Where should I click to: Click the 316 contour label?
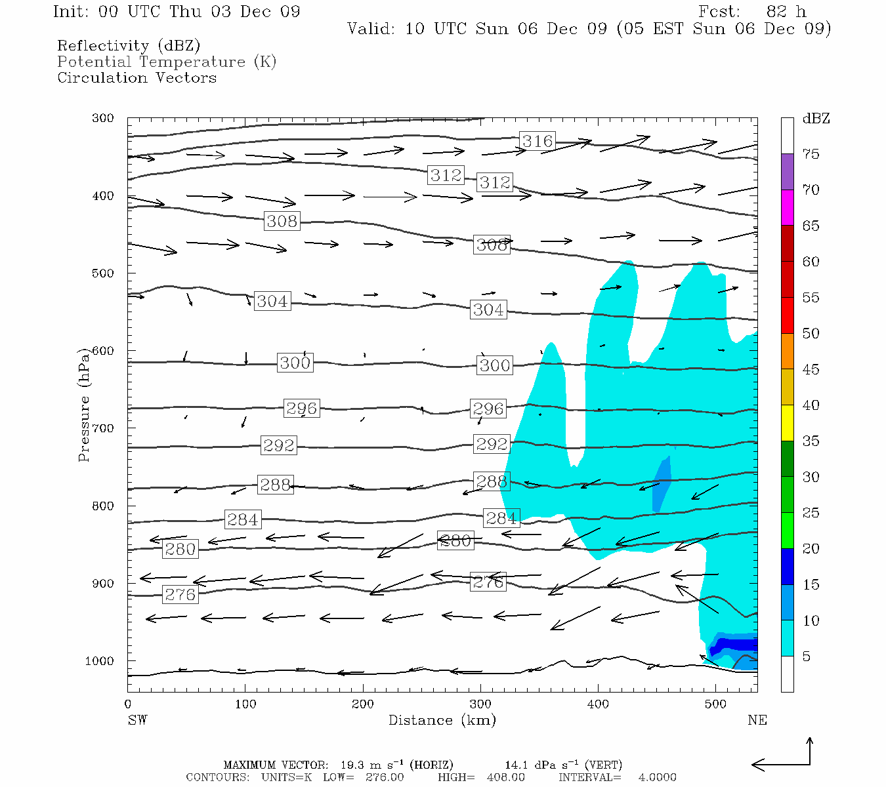[x=538, y=141]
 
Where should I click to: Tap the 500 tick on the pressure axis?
[x=102, y=273]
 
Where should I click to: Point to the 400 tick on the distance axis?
[x=598, y=704]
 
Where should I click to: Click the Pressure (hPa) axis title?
[x=84, y=405]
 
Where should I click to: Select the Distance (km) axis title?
[x=442, y=720]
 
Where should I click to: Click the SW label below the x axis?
[x=137, y=720]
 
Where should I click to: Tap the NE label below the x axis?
[x=757, y=720]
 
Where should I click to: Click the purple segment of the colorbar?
[x=787, y=171]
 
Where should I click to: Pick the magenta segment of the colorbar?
[x=787, y=207]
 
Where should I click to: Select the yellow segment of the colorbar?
[x=787, y=423]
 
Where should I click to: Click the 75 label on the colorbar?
[x=811, y=154]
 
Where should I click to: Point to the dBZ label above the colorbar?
[x=816, y=119]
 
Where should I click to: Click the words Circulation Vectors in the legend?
[x=137, y=77]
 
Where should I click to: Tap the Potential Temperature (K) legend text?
[x=167, y=62]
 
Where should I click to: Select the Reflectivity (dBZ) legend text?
[x=129, y=46]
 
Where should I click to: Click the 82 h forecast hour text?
[x=786, y=12]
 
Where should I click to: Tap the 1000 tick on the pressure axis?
[x=100, y=661]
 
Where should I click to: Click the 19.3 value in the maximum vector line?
[x=353, y=765]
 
